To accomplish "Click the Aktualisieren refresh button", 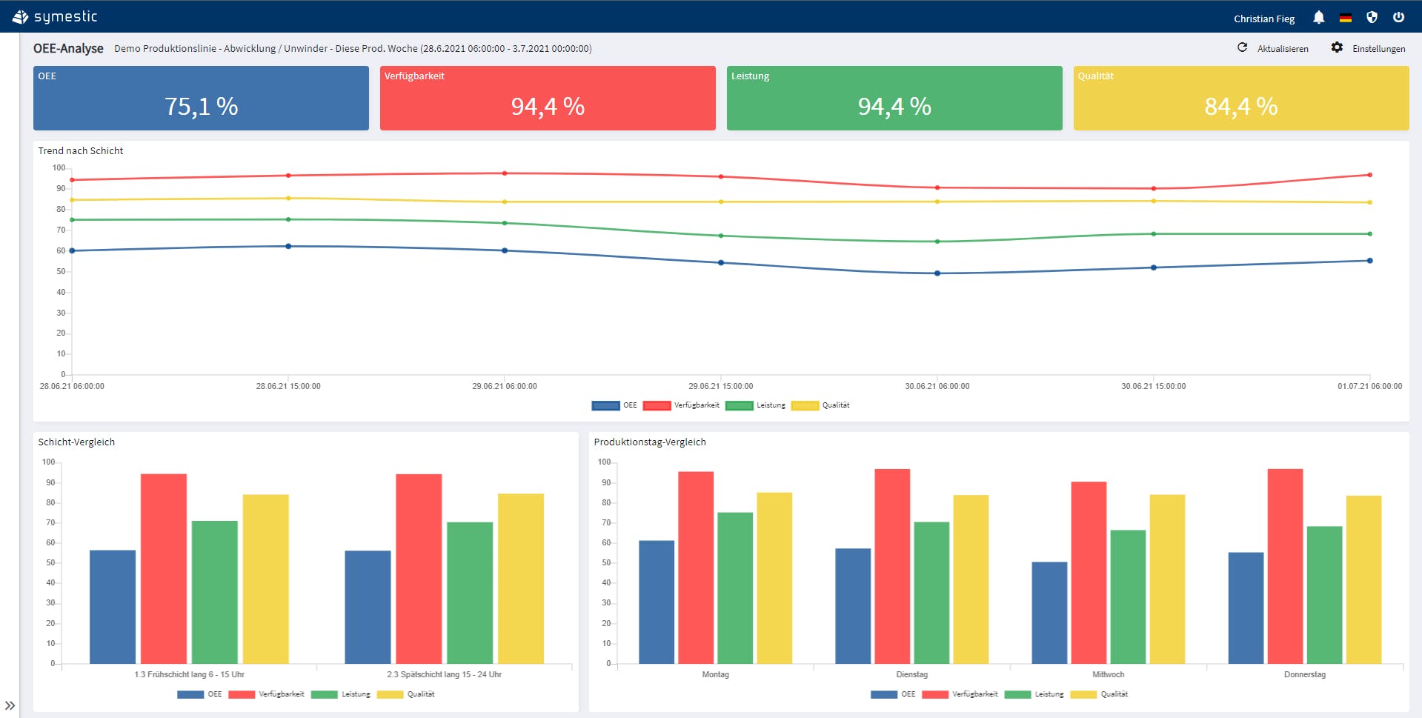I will point(1273,48).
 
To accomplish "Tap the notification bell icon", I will point(1318,17).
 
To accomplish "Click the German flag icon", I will point(1345,18).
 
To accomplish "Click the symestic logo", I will point(55,16).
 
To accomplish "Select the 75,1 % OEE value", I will point(201,107).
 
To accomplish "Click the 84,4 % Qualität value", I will point(1240,107).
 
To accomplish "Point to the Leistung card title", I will point(750,76).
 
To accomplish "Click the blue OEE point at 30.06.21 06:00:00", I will point(937,273).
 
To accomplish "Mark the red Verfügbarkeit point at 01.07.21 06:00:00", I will point(1369,175).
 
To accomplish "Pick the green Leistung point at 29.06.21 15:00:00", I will point(721,236).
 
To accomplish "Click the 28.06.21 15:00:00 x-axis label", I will point(288,386).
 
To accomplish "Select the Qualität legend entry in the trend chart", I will point(820,405).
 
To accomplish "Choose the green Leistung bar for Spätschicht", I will point(470,593).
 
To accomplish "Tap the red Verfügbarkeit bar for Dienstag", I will point(892,566).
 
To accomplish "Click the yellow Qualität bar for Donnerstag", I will point(1363,579).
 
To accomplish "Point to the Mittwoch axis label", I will point(1108,674).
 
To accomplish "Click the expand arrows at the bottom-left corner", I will point(10,705).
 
